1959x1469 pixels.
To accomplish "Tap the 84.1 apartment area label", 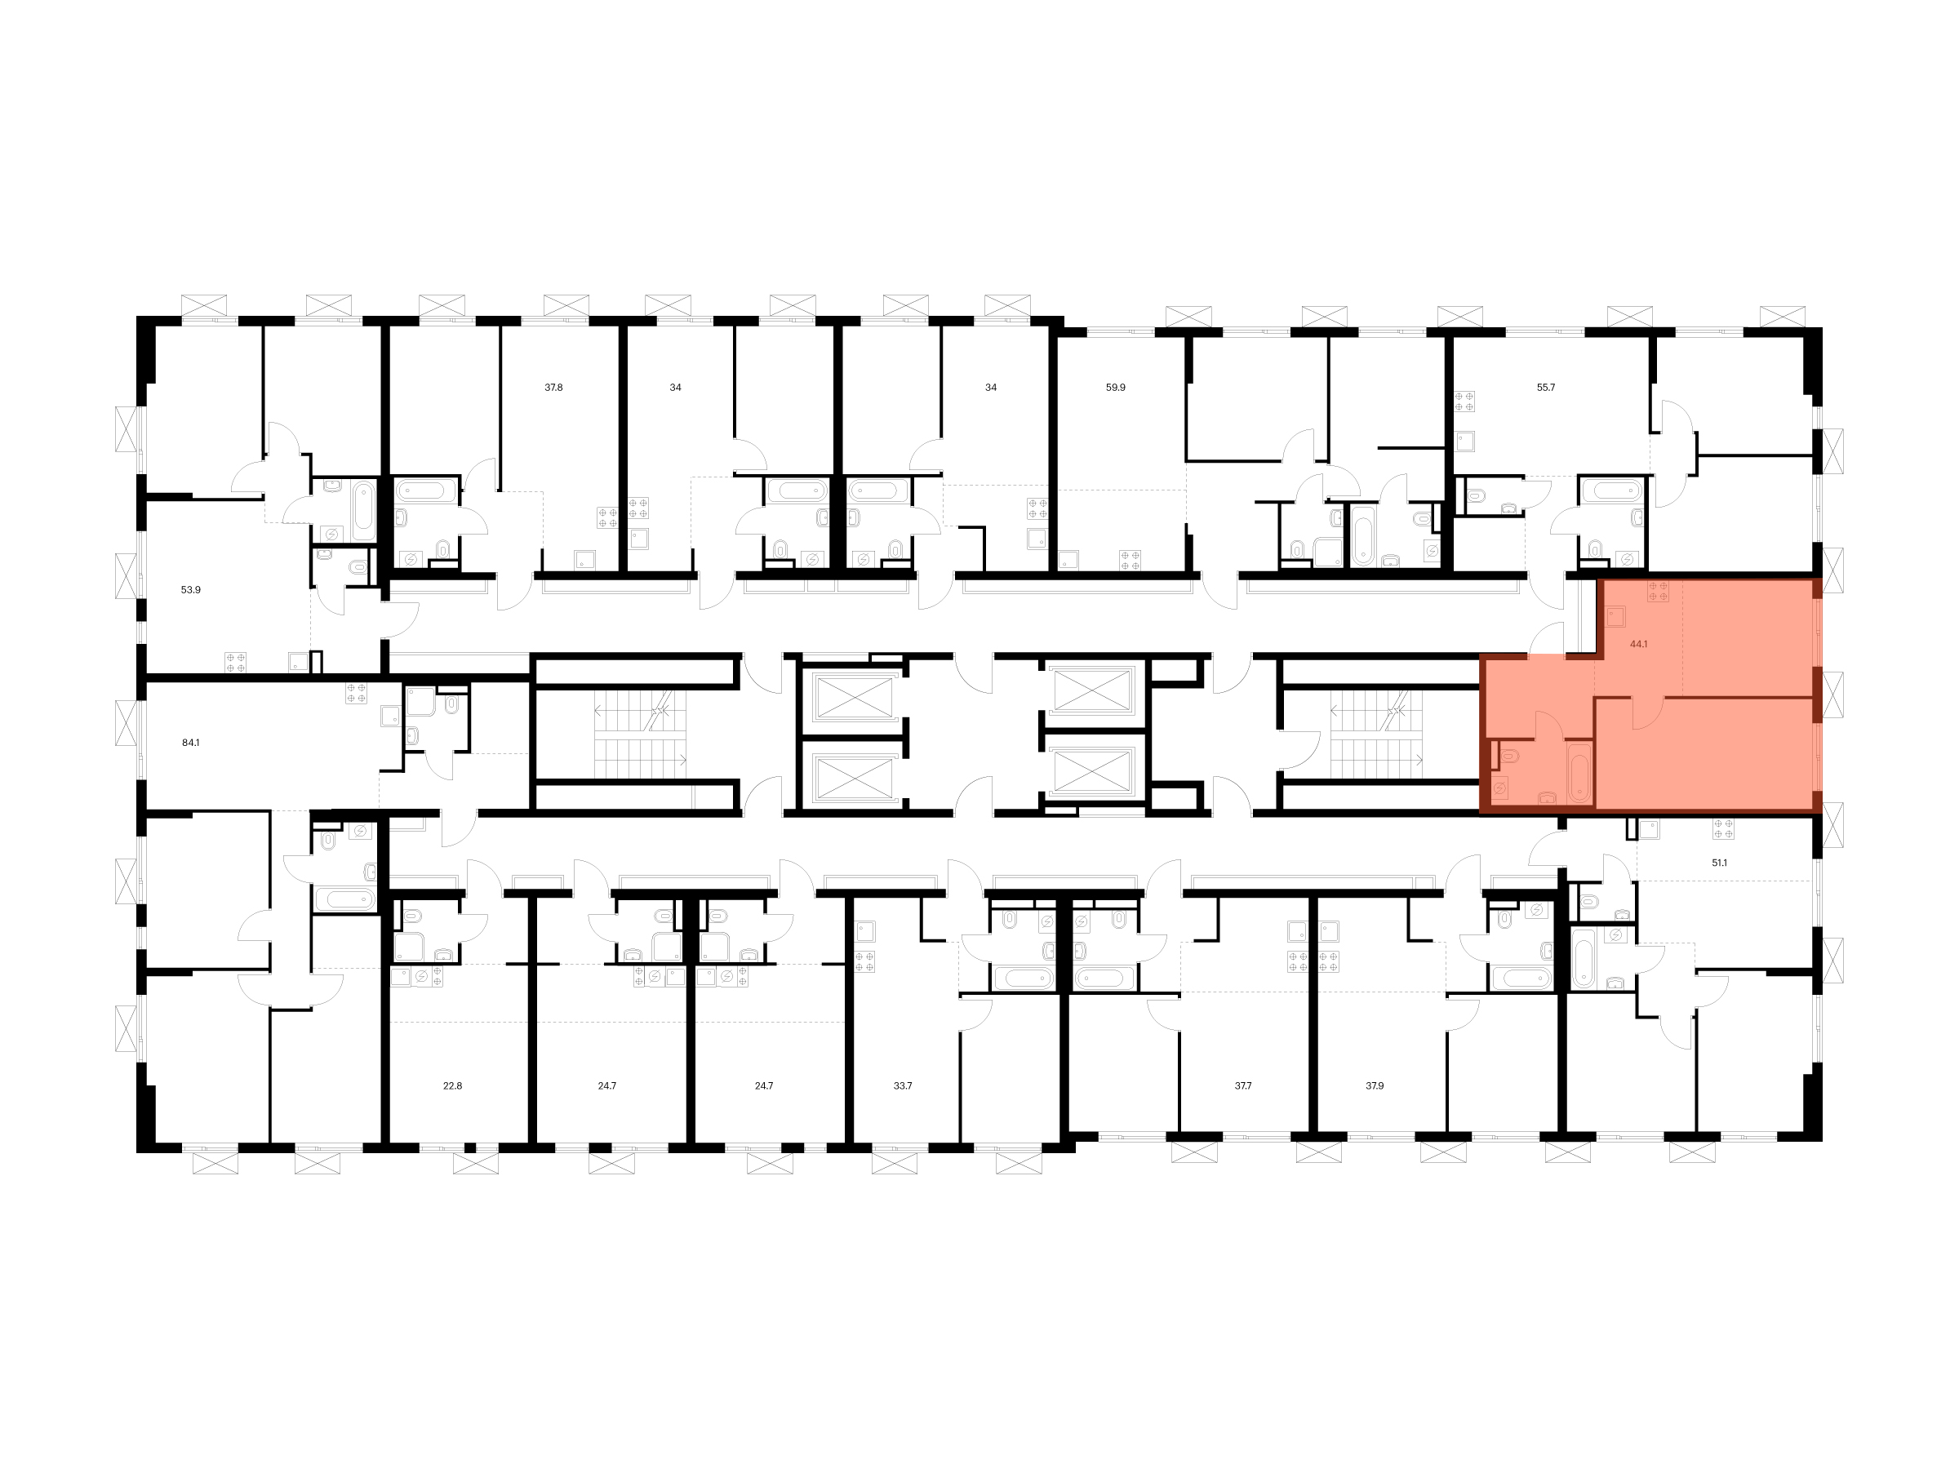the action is point(190,743).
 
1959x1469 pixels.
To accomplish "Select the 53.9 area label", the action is point(190,589).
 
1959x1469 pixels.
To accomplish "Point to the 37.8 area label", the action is point(553,387).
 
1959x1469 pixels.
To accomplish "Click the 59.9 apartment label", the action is point(1116,387).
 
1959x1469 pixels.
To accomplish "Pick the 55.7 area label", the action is point(1545,387).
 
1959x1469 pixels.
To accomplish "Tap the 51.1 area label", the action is point(1719,862).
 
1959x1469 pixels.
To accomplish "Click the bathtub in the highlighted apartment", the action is point(1579,773).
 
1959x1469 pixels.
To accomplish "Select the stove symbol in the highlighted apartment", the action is point(1658,592).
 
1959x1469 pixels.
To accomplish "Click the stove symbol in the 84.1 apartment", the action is point(357,694).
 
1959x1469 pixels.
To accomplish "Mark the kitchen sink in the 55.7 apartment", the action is point(1466,441).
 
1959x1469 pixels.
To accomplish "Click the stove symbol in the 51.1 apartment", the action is point(1722,829).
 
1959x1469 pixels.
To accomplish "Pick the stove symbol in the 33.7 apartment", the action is point(865,961).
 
